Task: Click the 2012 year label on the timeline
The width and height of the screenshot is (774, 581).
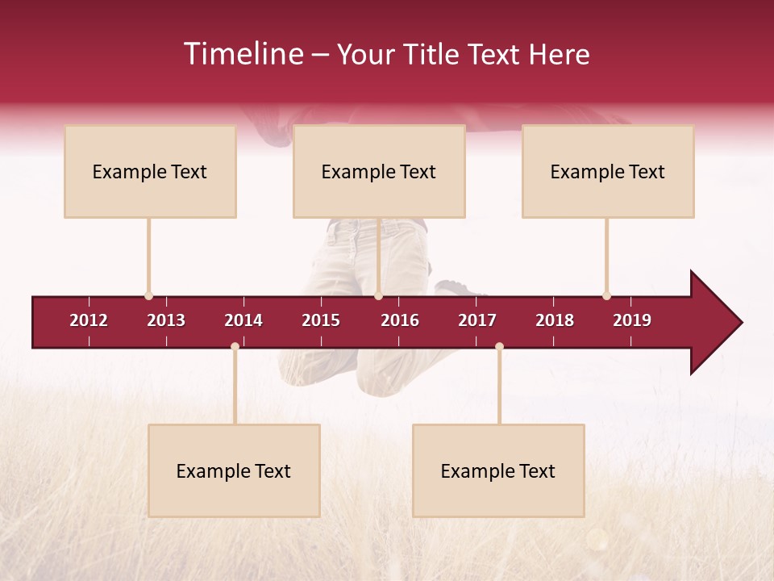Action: [89, 320]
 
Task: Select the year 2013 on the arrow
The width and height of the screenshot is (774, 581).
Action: [166, 320]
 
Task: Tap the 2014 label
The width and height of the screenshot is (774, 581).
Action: [243, 320]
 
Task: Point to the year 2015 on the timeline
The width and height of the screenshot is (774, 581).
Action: [321, 320]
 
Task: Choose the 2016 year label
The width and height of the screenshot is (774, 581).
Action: [400, 320]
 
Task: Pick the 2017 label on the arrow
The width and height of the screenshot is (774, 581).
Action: [477, 320]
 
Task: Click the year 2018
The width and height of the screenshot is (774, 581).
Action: [555, 320]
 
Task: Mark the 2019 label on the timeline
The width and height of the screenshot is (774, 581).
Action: [632, 320]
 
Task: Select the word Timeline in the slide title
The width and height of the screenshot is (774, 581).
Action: [244, 54]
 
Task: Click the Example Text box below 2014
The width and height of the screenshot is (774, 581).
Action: [234, 470]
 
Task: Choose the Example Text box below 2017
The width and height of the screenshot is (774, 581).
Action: [498, 470]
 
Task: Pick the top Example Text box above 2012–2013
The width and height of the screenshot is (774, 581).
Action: [150, 171]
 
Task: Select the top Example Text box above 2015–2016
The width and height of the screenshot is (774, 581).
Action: [379, 171]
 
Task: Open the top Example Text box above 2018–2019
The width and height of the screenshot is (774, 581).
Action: [608, 171]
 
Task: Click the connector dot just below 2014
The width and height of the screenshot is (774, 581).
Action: [235, 346]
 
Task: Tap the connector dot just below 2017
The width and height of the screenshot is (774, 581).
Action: [499, 346]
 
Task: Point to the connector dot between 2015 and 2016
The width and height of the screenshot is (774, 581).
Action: [379, 296]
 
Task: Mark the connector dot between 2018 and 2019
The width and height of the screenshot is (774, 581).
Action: [606, 296]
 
